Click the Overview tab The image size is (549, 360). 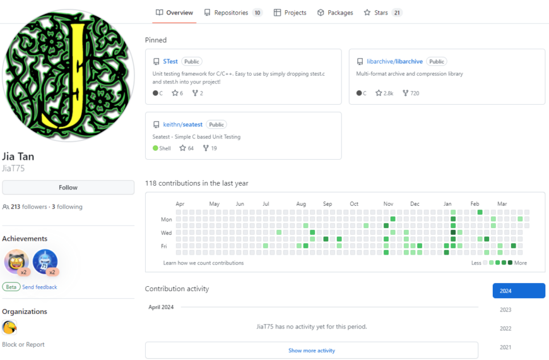pos(175,13)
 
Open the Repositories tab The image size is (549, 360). pos(231,13)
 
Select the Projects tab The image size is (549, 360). pos(290,13)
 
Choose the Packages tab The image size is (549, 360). pos(335,13)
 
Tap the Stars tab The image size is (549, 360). pos(381,13)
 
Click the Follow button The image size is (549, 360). pos(68,188)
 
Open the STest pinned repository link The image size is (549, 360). pos(170,62)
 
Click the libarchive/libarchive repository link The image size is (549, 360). pos(394,62)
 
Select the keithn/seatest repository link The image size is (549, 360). pos(182,125)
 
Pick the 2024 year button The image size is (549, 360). pos(519,291)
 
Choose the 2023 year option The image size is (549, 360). pos(505,310)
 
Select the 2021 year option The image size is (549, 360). pos(505,347)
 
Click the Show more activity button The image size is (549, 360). pos(312,351)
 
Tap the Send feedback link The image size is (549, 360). pos(40,287)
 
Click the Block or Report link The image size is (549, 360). pos(23,345)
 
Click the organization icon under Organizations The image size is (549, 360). pos(9,327)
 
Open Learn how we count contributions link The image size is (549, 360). pos(203,263)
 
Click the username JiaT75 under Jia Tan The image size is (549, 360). pos(13,169)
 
